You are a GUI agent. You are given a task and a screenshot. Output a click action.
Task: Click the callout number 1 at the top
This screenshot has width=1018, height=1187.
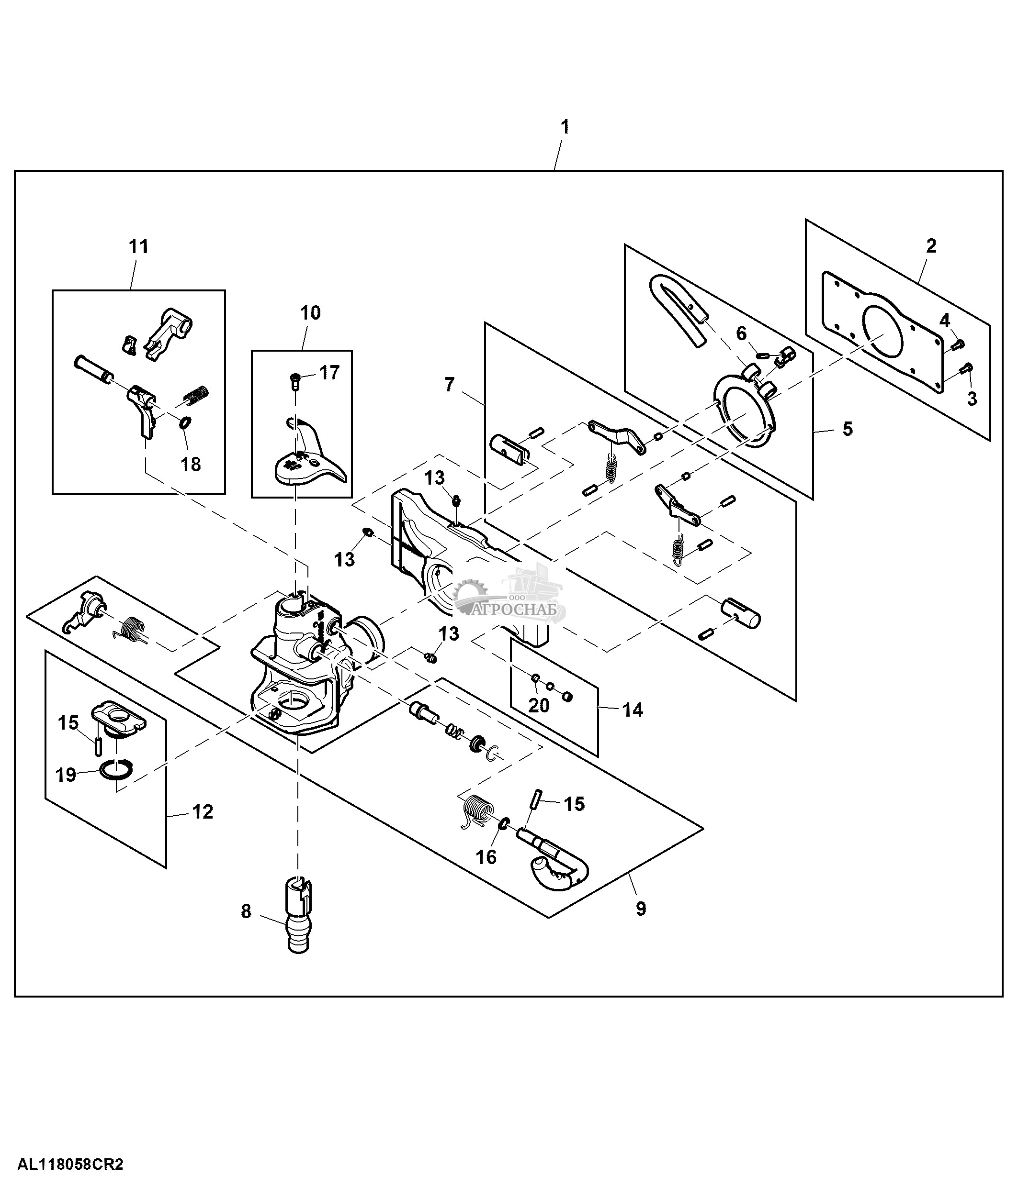[565, 127]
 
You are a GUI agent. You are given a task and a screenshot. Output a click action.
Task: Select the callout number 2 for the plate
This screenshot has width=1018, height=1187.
[931, 246]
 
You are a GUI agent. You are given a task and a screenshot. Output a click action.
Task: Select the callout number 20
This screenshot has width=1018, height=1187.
[538, 705]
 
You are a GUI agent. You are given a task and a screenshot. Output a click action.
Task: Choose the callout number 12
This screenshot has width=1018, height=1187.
[203, 812]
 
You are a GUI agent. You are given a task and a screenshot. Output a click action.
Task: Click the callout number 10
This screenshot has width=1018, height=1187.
[310, 313]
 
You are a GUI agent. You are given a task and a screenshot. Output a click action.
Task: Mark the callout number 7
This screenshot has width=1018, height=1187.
[450, 384]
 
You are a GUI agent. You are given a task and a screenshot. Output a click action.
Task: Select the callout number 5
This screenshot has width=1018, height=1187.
[847, 429]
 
